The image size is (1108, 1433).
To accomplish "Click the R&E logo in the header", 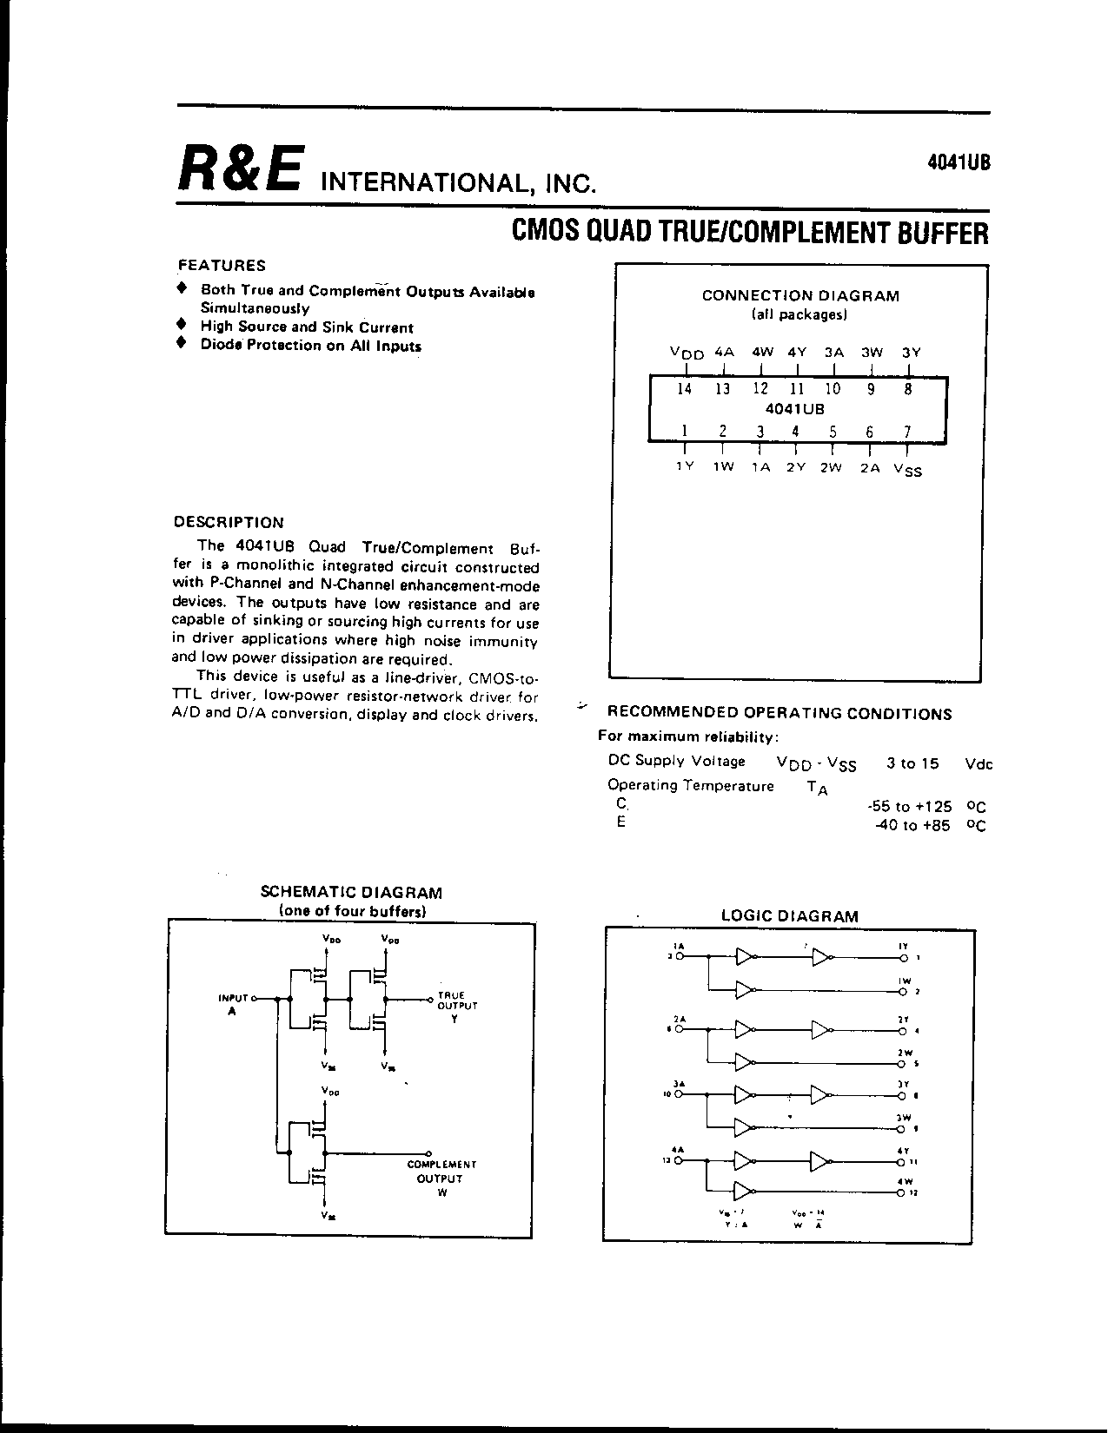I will coord(241,168).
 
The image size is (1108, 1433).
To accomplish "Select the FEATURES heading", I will coord(222,266).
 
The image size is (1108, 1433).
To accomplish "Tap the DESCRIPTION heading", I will coord(229,523).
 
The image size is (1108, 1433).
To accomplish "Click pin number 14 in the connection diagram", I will coord(684,389).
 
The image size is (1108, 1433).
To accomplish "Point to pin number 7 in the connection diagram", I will coord(907,432).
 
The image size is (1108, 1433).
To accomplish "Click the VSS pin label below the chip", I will coord(908,469).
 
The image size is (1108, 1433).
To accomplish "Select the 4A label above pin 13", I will coord(724,353).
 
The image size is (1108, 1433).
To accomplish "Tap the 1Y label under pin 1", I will coord(685,466).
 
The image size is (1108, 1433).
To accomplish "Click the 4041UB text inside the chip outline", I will coord(794,408).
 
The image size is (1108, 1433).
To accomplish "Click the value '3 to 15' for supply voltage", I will coord(912,763).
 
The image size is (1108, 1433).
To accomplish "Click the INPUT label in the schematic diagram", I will coord(233,999).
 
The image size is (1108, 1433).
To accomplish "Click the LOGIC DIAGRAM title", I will coord(790,916).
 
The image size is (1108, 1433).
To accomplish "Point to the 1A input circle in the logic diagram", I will coord(680,956).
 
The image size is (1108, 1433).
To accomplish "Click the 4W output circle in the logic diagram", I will coord(903,1192).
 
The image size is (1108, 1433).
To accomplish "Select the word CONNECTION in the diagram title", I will coord(744,295).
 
